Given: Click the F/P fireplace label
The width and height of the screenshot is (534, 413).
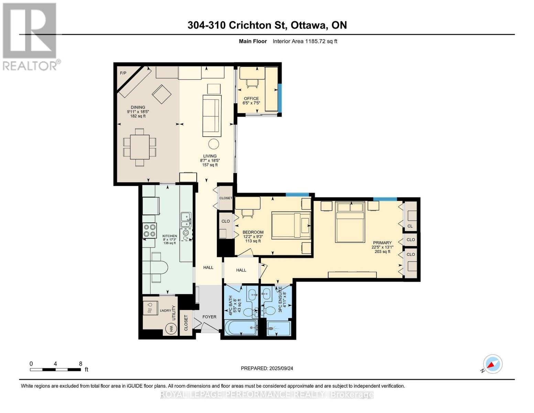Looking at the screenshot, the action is pyautogui.click(x=123, y=73).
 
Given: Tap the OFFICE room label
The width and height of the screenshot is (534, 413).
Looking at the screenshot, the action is pyautogui.click(x=251, y=98).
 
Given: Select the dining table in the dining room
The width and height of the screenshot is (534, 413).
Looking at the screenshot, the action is pyautogui.click(x=140, y=147).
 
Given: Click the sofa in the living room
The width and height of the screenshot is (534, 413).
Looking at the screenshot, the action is pyautogui.click(x=211, y=116).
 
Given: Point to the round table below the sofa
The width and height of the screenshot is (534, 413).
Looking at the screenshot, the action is pyautogui.click(x=214, y=144).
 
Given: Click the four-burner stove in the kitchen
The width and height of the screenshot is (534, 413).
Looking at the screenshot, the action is pyautogui.click(x=150, y=230).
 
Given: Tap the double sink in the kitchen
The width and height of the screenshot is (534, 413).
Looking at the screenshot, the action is pyautogui.click(x=186, y=220).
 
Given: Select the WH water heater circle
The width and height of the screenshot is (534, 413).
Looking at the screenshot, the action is pyautogui.click(x=172, y=328).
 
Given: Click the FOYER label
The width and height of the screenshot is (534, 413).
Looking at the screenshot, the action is pyautogui.click(x=209, y=317).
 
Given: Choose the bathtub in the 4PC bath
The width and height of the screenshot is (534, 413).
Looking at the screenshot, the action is pyautogui.click(x=241, y=327).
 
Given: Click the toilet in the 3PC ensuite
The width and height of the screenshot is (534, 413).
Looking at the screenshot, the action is pyautogui.click(x=268, y=311).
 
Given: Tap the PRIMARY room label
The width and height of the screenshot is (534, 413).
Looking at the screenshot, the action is pyautogui.click(x=382, y=243).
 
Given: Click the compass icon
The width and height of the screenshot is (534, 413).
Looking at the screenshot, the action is pyautogui.click(x=492, y=364).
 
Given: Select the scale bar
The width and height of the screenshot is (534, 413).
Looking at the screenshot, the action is pyautogui.click(x=56, y=369).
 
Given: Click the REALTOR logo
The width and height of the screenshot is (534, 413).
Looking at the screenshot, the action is pyautogui.click(x=30, y=37).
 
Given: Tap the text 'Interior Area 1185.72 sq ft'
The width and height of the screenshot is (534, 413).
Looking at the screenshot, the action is pyautogui.click(x=305, y=41).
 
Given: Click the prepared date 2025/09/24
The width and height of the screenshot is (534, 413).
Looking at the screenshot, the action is pyautogui.click(x=281, y=368).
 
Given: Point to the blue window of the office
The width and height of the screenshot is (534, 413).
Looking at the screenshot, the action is pyautogui.click(x=280, y=98).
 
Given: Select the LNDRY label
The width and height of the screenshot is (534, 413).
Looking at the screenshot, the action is pyautogui.click(x=165, y=310).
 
